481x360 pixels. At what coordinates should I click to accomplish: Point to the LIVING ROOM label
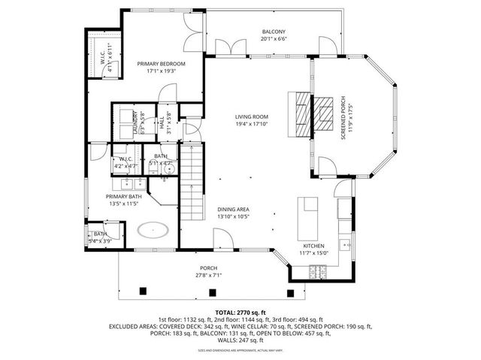252,116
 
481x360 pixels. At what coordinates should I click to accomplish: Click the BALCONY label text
273,32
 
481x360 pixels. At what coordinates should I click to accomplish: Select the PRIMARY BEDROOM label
161,64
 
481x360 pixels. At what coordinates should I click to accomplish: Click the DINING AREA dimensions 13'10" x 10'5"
234,216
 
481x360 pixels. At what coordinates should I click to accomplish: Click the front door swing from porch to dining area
223,241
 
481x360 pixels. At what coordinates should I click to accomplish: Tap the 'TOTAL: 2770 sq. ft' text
240,311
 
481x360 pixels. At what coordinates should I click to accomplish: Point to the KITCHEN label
313,246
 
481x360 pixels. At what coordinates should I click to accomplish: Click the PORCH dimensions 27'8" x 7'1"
208,275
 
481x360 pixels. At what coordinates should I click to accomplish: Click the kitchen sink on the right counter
343,244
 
